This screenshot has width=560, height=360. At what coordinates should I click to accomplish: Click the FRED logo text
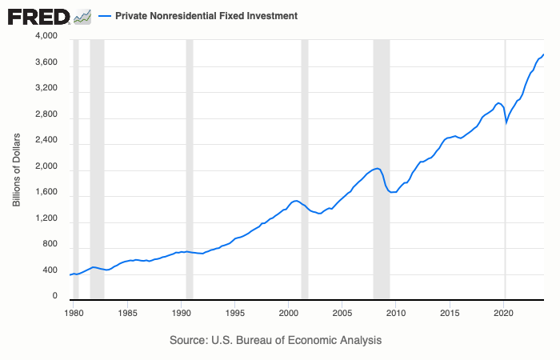click(38, 16)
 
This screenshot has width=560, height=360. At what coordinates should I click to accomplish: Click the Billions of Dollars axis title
click(16, 168)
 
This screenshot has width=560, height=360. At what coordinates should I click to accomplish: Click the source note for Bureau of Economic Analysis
click(276, 340)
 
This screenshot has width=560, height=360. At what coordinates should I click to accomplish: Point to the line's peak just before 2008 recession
click(378, 168)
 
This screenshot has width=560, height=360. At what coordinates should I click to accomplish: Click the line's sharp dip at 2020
click(506, 122)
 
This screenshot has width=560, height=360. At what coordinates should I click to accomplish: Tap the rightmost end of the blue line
click(544, 54)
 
